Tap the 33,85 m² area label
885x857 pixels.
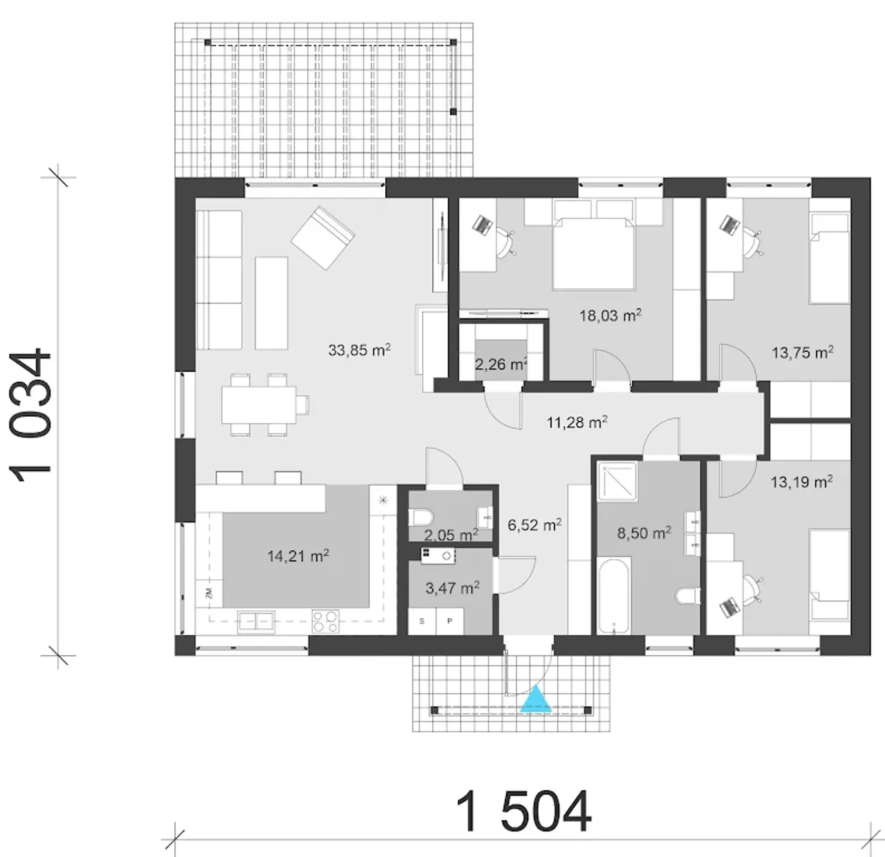[x=359, y=350]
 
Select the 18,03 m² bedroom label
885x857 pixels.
[x=609, y=315]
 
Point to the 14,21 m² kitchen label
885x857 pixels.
[x=297, y=556]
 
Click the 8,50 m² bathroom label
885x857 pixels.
[x=643, y=532]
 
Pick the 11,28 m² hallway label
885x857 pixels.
[x=576, y=422]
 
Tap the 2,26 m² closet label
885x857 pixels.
[x=501, y=364]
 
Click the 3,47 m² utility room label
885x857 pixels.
[x=451, y=588]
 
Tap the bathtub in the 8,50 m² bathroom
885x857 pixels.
[x=613, y=596]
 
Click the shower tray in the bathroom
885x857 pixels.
[x=616, y=482]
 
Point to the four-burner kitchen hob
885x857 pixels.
[x=325, y=621]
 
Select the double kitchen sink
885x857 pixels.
[x=256, y=621]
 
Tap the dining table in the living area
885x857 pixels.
[x=259, y=404]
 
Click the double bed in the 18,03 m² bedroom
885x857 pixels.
[x=593, y=249]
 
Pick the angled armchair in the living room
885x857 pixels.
[x=322, y=237]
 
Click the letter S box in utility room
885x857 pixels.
[x=422, y=621]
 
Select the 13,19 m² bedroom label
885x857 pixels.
[x=801, y=482]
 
